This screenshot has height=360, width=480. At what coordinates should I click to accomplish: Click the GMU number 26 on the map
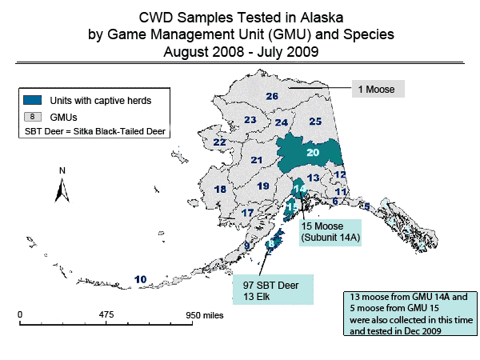pos(272,97)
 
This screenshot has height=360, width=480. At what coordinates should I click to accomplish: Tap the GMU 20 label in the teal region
pos(313,152)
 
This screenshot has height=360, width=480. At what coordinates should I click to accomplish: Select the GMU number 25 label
pos(315,122)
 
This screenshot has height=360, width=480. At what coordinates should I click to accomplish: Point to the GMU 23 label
pos(250,120)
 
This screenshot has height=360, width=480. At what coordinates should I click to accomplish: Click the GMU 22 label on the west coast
pos(218,142)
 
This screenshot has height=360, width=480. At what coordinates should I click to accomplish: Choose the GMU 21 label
pos(257,160)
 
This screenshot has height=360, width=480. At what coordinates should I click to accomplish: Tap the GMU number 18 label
pos(221,190)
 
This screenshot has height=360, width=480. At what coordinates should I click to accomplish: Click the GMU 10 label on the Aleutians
pos(141,279)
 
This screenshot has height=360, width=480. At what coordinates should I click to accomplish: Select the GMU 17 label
pos(248,213)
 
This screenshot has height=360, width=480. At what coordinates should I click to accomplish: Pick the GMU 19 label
pos(263,186)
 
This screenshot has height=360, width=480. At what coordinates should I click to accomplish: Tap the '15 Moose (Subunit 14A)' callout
pos(330,232)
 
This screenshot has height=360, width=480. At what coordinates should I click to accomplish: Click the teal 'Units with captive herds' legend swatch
pos(34,100)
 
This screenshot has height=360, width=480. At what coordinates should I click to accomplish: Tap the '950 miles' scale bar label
pos(205,315)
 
